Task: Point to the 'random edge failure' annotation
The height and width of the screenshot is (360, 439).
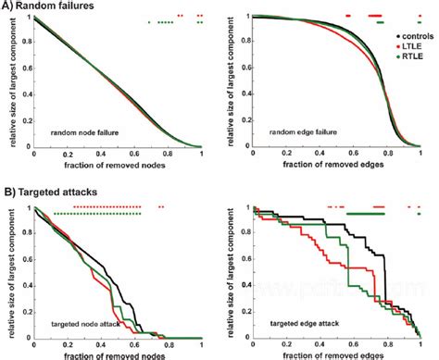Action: pyautogui.click(x=301, y=132)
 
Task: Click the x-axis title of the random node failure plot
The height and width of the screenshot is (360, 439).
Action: pyautogui.click(x=118, y=165)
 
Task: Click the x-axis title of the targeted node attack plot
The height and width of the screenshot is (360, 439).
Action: pyautogui.click(x=118, y=354)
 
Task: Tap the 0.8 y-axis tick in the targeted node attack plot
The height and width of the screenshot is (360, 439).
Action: pyautogui.click(x=25, y=233)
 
